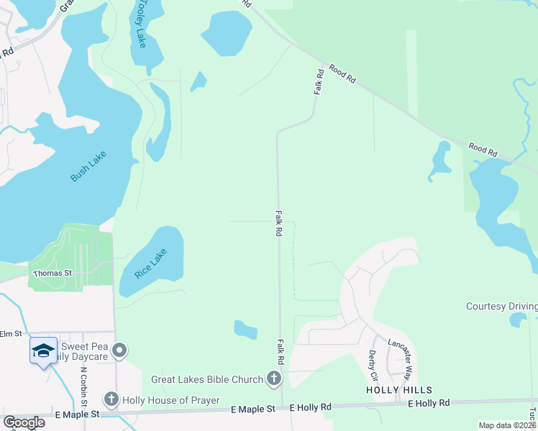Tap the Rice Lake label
tap(150, 263)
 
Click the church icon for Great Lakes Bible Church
tap(273, 378)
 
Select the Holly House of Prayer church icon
tap(111, 399)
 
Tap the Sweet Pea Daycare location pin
tap(119, 351)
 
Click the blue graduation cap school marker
tap(43, 351)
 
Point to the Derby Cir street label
tap(373, 366)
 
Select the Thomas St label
tap(52, 273)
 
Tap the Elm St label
tap(12, 333)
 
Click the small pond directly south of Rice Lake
tap(245, 330)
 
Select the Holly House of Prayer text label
tap(170, 400)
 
